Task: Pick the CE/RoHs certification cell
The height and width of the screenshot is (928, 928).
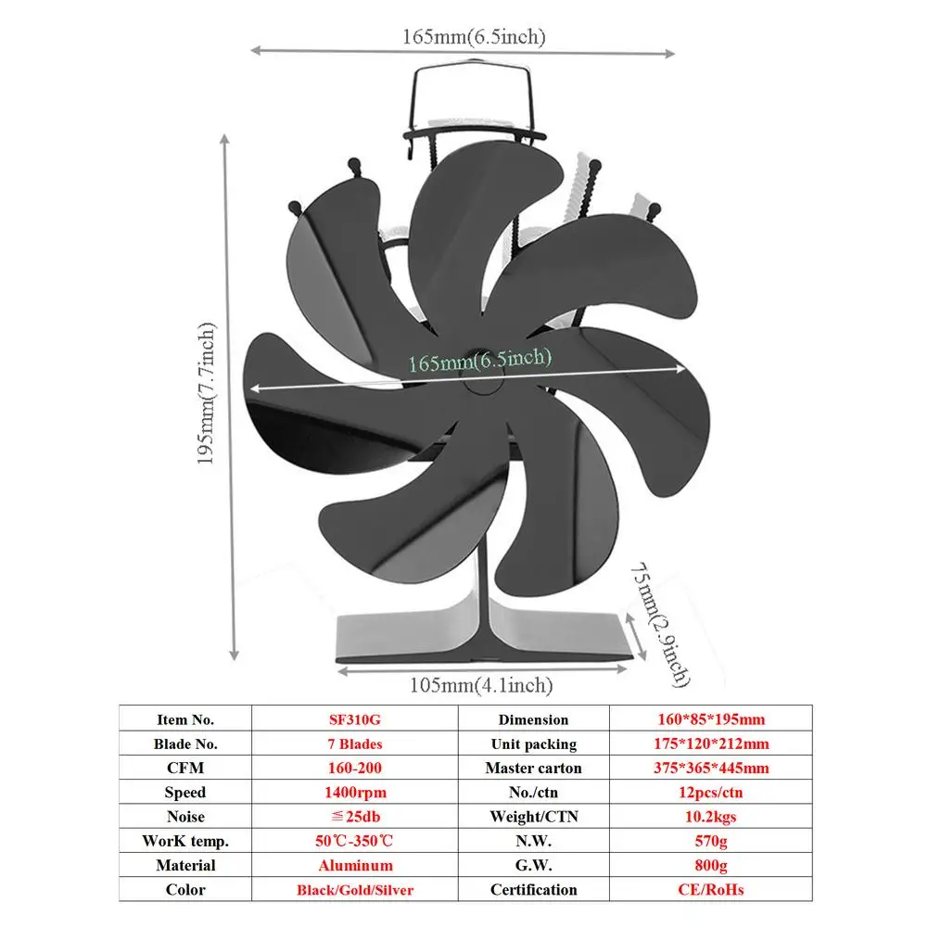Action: click(x=710, y=890)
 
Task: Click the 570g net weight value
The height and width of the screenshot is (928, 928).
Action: click(x=710, y=841)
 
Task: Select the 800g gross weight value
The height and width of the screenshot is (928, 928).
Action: click(x=710, y=865)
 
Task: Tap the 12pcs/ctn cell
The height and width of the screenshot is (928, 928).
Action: click(x=710, y=793)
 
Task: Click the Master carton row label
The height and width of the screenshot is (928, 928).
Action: click(x=533, y=768)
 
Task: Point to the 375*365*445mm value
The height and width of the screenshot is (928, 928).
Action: click(x=710, y=768)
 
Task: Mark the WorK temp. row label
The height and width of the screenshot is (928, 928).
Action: click(x=185, y=841)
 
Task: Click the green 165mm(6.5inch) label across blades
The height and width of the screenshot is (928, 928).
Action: click(x=480, y=359)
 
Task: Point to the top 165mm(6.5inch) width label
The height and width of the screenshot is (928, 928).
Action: click(x=473, y=36)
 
